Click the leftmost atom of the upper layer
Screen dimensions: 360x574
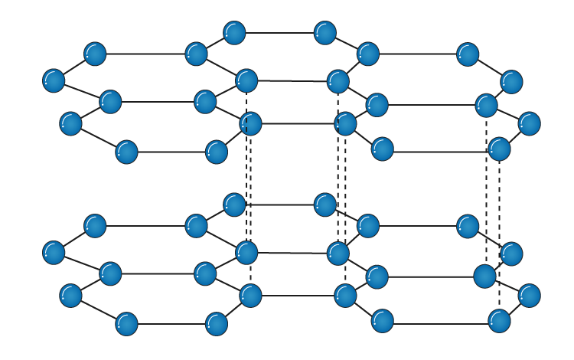click(54, 80)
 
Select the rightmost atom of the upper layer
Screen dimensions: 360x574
click(529, 123)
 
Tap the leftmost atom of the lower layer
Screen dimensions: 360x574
click(54, 252)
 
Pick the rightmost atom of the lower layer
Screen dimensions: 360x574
click(529, 295)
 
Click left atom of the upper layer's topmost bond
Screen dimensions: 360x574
click(234, 33)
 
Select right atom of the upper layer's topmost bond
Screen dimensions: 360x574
click(325, 33)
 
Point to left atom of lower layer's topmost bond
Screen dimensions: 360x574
click(234, 205)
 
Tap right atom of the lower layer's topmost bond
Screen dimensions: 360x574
click(325, 205)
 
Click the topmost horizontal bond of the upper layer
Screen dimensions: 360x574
click(279, 33)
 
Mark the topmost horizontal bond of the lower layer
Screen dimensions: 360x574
click(279, 205)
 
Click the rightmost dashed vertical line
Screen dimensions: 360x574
click(500, 230)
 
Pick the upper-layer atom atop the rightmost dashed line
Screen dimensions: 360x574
click(499, 149)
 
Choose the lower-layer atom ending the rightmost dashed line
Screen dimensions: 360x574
click(499, 320)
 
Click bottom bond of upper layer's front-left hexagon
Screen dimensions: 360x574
click(171, 152)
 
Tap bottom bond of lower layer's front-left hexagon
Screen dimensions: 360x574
click(171, 324)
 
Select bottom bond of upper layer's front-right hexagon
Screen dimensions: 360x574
click(441, 151)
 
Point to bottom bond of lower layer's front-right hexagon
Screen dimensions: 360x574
click(441, 322)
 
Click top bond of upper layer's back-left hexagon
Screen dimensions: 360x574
click(145, 54)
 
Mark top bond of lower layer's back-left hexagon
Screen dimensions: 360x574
click(145, 226)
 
